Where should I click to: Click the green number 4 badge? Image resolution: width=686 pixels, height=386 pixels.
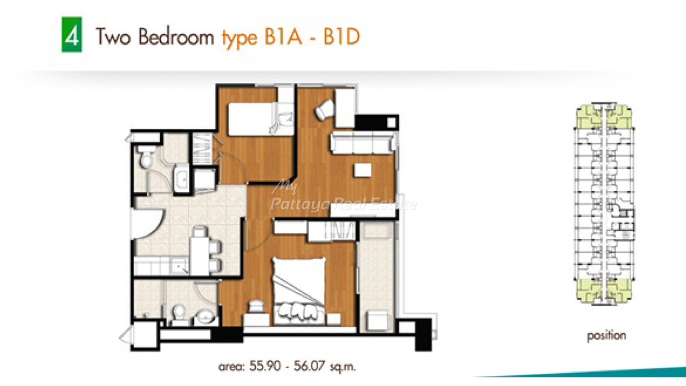click(x=72, y=35)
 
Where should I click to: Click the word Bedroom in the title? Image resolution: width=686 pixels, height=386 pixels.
click(x=176, y=37)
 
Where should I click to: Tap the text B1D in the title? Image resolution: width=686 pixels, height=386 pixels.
click(x=342, y=37)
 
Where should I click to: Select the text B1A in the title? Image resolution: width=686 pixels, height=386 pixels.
click(x=283, y=37)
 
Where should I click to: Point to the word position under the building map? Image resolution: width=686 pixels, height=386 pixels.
click(x=606, y=336)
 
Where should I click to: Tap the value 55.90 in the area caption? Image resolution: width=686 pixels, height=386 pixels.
click(x=265, y=366)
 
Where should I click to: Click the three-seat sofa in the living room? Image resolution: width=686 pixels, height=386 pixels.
click(x=363, y=143)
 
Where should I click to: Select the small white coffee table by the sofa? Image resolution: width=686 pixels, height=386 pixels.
click(x=362, y=170)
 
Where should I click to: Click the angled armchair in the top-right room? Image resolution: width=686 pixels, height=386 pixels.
click(x=324, y=109)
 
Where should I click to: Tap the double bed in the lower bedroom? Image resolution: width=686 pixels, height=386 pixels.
click(x=299, y=291)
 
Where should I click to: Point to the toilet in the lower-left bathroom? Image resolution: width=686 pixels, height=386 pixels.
click(x=179, y=313)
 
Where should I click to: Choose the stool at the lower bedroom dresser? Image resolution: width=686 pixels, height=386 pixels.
click(x=256, y=306)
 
